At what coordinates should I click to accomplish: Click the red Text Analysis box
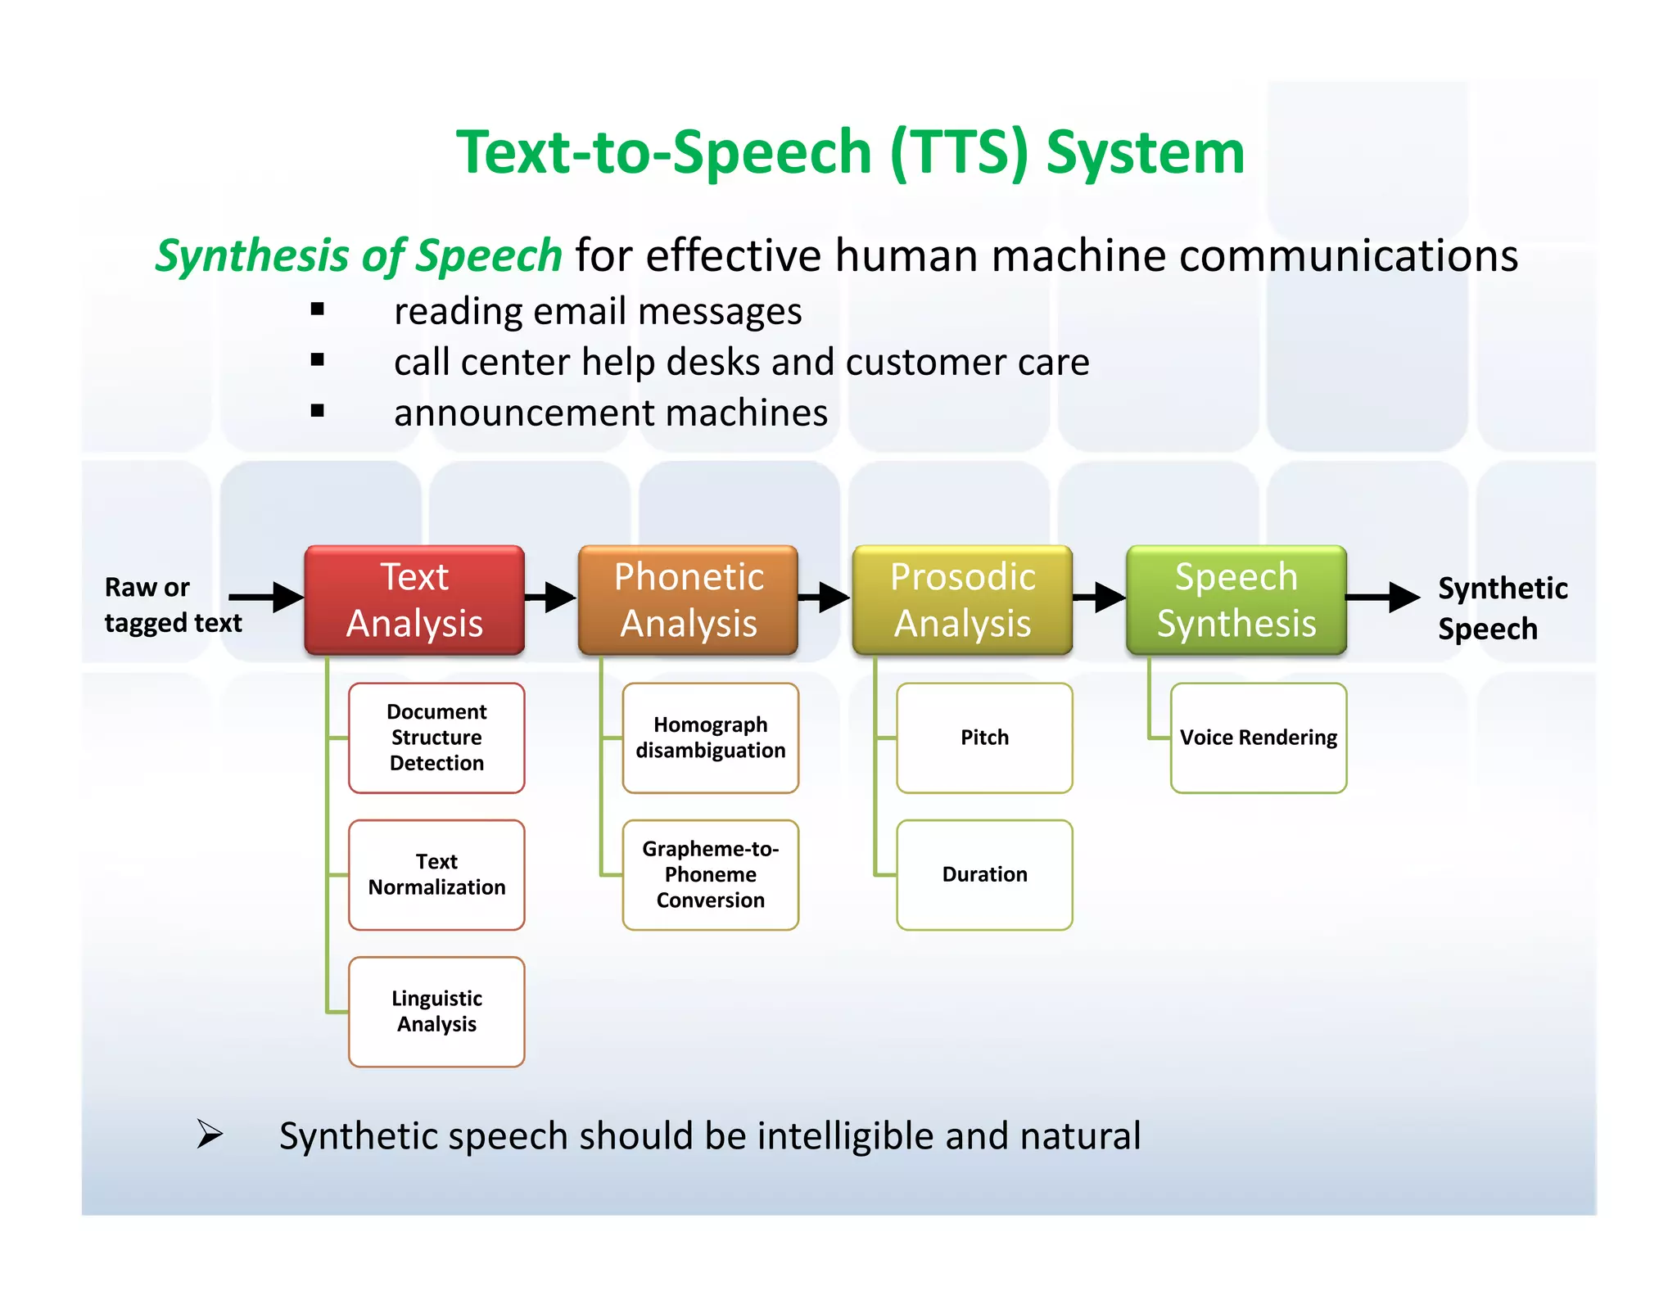pos(414,600)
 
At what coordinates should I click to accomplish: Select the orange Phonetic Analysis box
pos(688,600)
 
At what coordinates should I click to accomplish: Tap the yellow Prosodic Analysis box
pos(962,600)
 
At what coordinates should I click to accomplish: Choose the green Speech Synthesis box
pos(1236,600)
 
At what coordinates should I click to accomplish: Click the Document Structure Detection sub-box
pos(436,738)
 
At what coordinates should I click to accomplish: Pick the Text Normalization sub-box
pos(436,874)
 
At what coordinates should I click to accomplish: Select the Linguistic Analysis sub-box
pos(436,1012)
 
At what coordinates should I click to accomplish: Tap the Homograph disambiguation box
pos(710,738)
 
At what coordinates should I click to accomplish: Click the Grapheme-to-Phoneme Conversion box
pos(710,874)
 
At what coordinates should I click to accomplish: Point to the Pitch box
pos(984,738)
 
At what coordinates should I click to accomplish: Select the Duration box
pos(984,874)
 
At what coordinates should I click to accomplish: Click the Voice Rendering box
pos(1258,738)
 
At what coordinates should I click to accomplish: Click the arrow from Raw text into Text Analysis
pos(266,597)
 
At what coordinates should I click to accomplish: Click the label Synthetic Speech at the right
pos(1502,608)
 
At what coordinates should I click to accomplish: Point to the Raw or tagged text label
pos(172,605)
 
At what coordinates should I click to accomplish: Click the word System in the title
pos(1145,153)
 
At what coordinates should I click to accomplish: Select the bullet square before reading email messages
pos(318,309)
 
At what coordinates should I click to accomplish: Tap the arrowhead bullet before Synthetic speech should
pos(210,1135)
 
